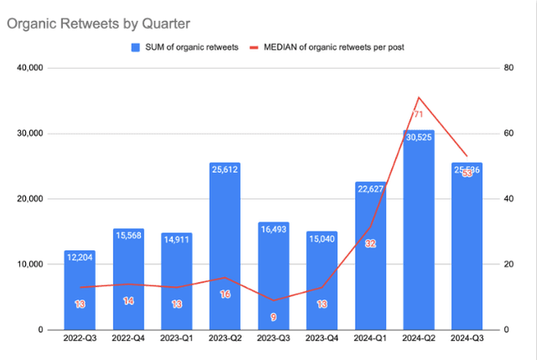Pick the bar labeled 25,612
pos(224,252)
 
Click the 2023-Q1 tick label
pos(175,339)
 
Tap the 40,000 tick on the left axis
pos(31,68)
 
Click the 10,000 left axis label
pos(31,264)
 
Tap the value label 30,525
pos(417,137)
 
